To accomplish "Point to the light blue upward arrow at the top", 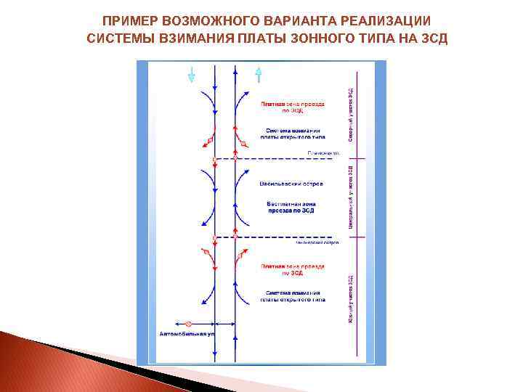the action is coord(258,74).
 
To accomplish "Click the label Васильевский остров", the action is coord(291,184).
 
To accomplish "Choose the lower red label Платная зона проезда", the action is coord(293,269).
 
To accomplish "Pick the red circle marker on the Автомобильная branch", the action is coord(188,323).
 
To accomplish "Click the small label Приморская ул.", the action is coord(324,153).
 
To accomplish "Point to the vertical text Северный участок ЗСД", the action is coord(351,113).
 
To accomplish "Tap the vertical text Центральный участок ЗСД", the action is coord(351,197).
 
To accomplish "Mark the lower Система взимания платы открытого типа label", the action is coord(293,295).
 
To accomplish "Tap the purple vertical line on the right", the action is coord(356,218).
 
